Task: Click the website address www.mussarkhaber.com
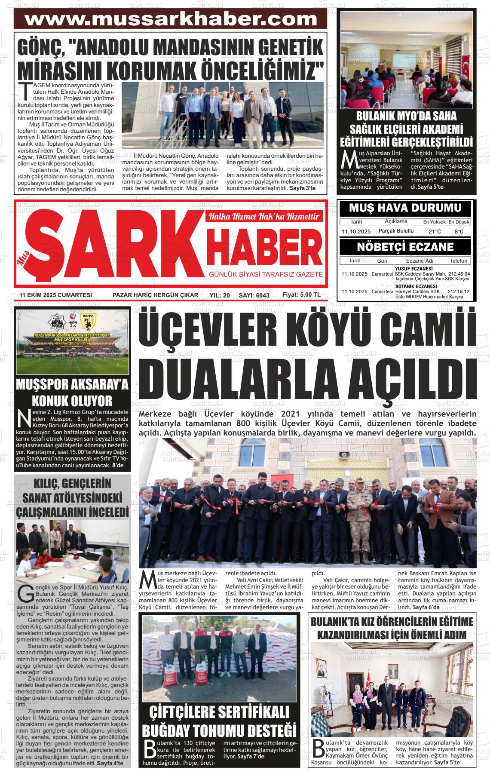click(x=171, y=19)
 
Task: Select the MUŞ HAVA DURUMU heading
click(x=405, y=209)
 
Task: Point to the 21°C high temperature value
click(x=435, y=232)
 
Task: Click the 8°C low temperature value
click(x=459, y=232)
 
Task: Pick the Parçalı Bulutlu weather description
click(x=396, y=231)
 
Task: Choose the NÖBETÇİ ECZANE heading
click(x=405, y=247)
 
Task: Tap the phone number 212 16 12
click(x=458, y=291)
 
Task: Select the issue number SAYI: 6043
click(x=254, y=295)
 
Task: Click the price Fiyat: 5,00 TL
click(x=301, y=294)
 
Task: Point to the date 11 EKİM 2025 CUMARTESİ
click(x=56, y=295)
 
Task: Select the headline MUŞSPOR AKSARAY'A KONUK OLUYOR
click(x=72, y=393)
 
